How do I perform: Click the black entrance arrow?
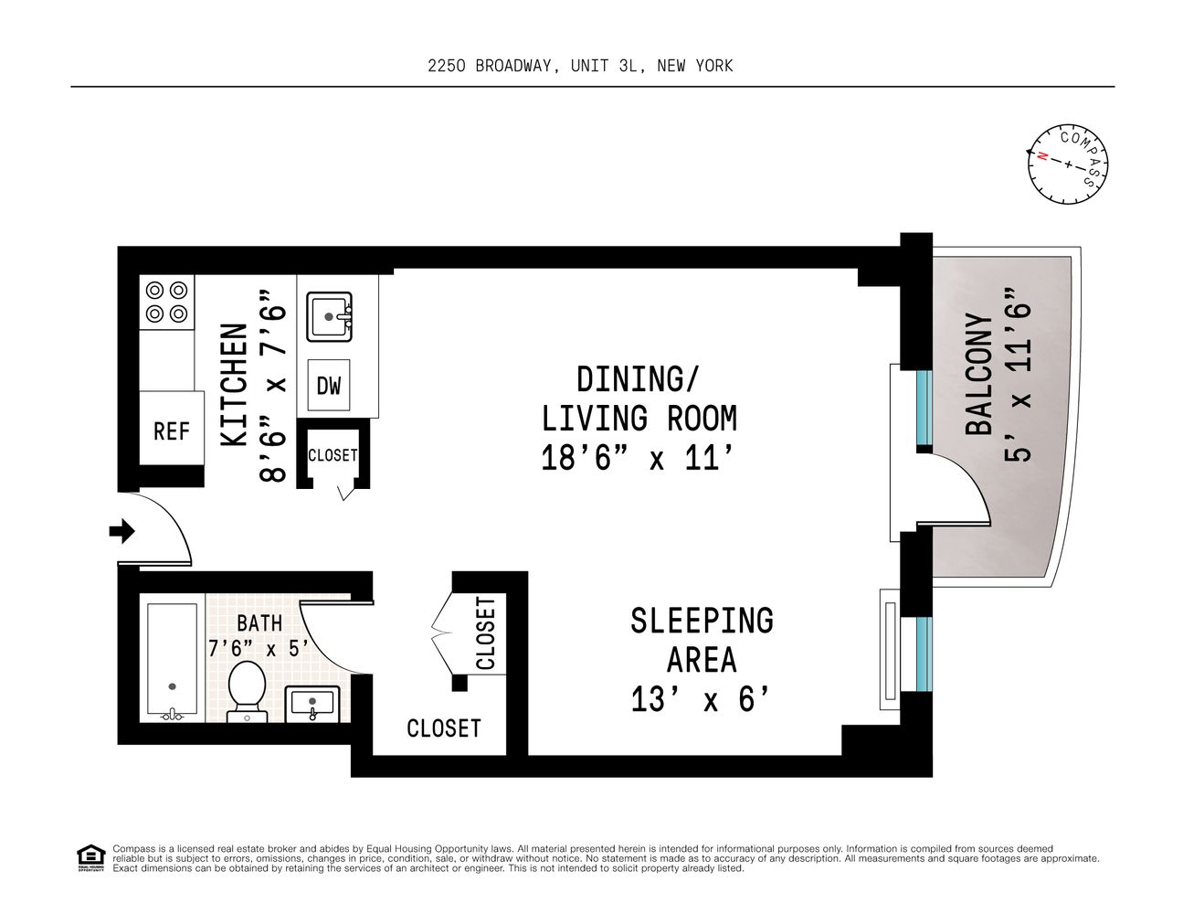pyautogui.click(x=121, y=530)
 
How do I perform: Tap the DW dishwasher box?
pyautogui.click(x=328, y=385)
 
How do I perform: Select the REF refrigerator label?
pyautogui.click(x=172, y=430)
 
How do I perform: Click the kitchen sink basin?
pyautogui.click(x=329, y=316)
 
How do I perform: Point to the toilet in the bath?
pyautogui.click(x=247, y=691)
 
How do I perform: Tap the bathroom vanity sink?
pyautogui.click(x=312, y=704)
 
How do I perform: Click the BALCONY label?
pyautogui.click(x=978, y=374)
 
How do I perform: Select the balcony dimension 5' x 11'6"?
pyautogui.click(x=1017, y=375)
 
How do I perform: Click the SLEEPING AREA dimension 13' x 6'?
pyautogui.click(x=700, y=699)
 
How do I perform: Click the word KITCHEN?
pyautogui.click(x=234, y=385)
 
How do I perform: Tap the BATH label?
pyautogui.click(x=259, y=622)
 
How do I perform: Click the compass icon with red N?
pyautogui.click(x=1068, y=164)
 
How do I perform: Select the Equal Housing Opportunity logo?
pyautogui.click(x=91, y=858)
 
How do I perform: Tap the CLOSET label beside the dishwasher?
pyautogui.click(x=333, y=455)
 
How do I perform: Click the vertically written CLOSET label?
pyautogui.click(x=486, y=632)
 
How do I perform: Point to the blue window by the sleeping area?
pyautogui.click(x=924, y=654)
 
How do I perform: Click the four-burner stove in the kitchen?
pyautogui.click(x=166, y=302)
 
